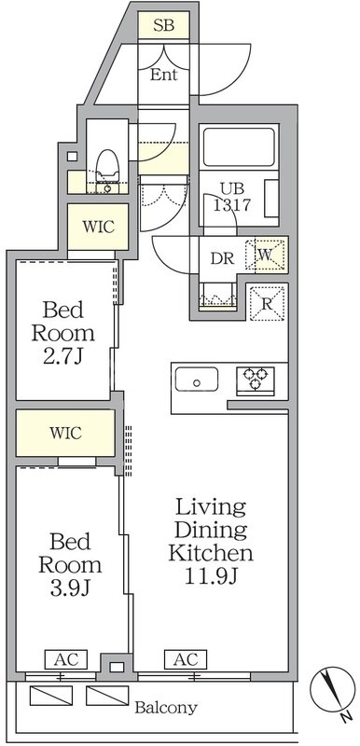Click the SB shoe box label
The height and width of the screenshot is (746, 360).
coord(163,25)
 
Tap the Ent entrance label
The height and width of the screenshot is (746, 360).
coord(163,75)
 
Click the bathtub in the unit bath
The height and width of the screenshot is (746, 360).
coord(239,147)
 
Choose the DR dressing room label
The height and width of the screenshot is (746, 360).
coord(223,258)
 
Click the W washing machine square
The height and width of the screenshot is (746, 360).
coord(265,255)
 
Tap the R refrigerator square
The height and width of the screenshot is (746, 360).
coord(267,303)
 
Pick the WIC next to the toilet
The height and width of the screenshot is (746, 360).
coord(99,227)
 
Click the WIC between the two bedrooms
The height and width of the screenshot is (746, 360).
coord(65,433)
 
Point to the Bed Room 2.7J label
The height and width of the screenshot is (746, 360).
coord(63,333)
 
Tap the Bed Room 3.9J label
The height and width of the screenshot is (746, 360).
coord(70,565)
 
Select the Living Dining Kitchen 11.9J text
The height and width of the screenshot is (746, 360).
coord(211,542)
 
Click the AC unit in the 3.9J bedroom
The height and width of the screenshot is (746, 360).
coord(66,659)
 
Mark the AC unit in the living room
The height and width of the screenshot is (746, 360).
coord(186,659)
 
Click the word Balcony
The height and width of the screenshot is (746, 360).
coord(165,708)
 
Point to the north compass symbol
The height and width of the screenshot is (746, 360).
coord(333,691)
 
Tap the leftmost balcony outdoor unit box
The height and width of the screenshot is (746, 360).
coord(51,696)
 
